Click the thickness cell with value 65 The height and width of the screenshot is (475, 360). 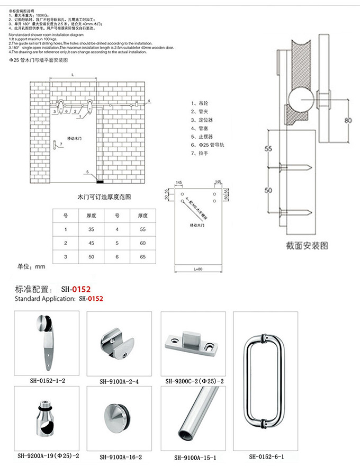point(142,256)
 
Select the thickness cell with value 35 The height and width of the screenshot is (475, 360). point(91,229)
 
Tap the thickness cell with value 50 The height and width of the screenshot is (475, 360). point(91,256)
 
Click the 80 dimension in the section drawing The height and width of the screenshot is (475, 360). point(348,120)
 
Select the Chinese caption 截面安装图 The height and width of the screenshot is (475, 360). point(307,246)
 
